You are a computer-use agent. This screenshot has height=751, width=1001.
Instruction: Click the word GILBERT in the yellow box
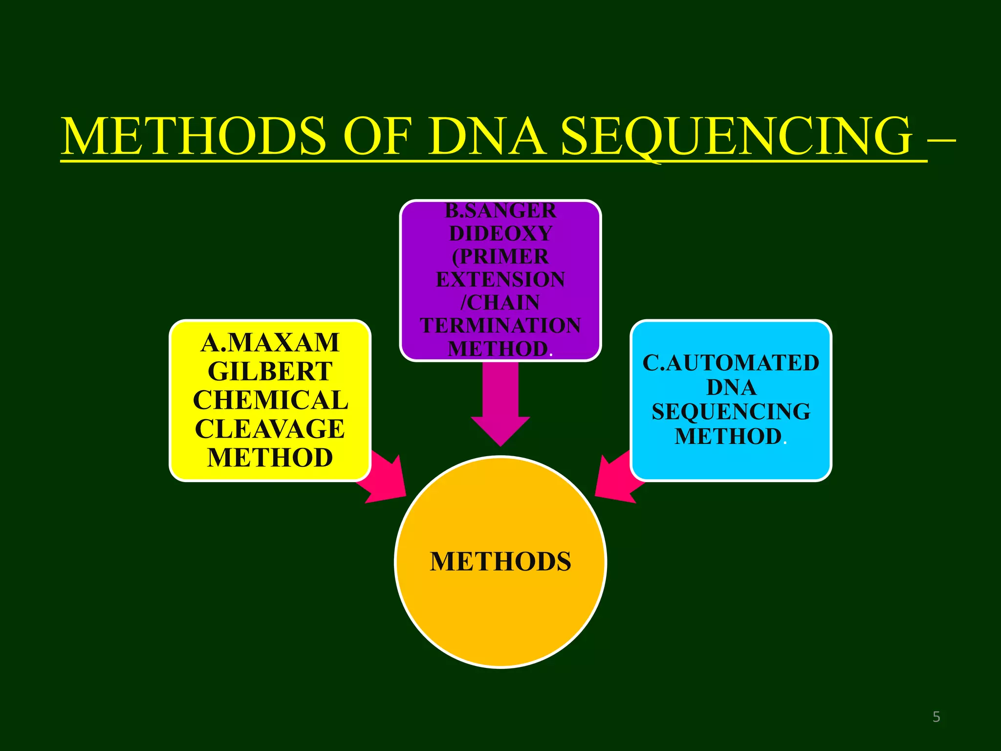270,372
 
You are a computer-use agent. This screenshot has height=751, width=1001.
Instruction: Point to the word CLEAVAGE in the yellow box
270,429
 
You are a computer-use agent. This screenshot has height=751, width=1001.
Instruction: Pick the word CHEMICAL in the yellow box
270,400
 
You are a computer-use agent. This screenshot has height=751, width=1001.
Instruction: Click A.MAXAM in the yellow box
270,343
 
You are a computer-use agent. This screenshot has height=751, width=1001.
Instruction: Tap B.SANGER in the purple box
500,211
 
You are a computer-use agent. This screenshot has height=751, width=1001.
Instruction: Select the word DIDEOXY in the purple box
500,234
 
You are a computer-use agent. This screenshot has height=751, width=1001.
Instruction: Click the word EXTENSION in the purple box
500,280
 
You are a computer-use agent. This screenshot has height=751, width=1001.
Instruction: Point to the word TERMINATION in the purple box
500,326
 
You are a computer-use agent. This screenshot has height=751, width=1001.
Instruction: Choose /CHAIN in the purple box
500,303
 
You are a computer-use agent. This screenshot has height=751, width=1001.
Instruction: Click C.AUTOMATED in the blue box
731,363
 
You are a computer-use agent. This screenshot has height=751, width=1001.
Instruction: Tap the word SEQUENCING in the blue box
731,412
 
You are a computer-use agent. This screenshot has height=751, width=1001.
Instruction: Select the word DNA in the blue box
731,388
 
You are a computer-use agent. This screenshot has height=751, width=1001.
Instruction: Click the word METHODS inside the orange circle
500,561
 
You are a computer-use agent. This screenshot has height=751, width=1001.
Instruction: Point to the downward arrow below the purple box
500,406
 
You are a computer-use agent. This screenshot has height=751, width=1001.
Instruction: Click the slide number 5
936,717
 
